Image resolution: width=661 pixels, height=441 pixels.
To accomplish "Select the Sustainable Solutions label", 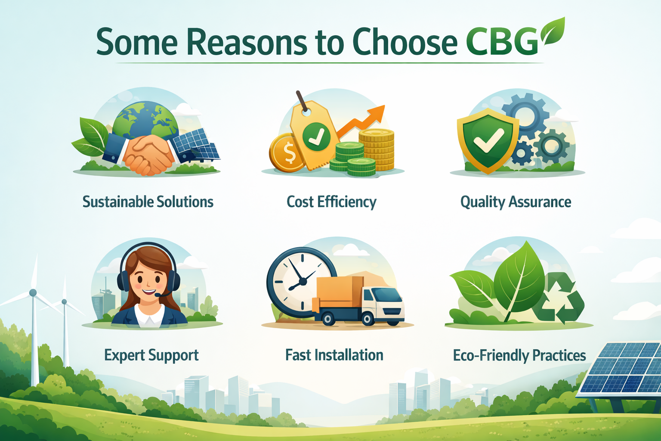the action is coord(148,202).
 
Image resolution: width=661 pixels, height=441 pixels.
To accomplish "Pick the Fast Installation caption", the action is coord(334,355).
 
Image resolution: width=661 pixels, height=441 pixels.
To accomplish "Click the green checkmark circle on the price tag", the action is coord(316,137).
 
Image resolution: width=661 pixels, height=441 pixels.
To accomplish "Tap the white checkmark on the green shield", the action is coord(488,140).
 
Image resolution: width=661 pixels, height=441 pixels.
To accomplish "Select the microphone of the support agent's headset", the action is coord(159,295).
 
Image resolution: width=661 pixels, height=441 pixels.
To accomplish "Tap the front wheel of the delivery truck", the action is coord(368,319).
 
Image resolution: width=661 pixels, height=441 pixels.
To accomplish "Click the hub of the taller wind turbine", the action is coord(33,293).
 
